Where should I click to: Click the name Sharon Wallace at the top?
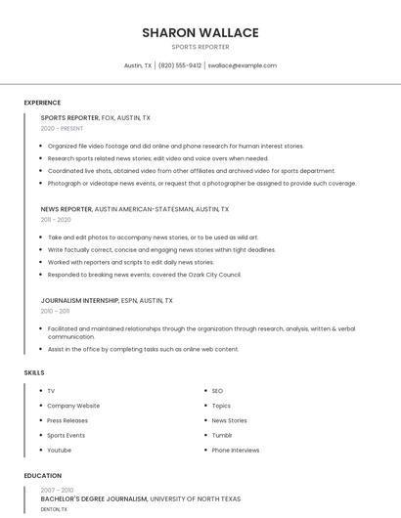[x=200, y=32]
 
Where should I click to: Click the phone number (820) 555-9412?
[x=180, y=65]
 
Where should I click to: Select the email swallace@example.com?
[x=243, y=65]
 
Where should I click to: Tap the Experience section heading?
[x=42, y=103]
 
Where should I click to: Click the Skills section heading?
[x=34, y=372]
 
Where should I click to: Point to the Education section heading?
[x=43, y=476]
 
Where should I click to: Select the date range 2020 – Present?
[x=62, y=128]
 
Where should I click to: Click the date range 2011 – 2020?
[x=56, y=220]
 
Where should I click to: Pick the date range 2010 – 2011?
[x=55, y=311]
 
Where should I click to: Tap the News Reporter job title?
[x=66, y=209]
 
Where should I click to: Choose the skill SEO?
[x=217, y=391]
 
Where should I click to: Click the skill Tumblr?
[x=222, y=435]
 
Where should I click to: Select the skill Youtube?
[x=59, y=450]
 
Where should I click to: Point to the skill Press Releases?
[x=67, y=420]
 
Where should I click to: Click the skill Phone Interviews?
[x=236, y=450]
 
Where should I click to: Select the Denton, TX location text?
[x=54, y=509]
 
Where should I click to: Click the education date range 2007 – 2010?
[x=57, y=490]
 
